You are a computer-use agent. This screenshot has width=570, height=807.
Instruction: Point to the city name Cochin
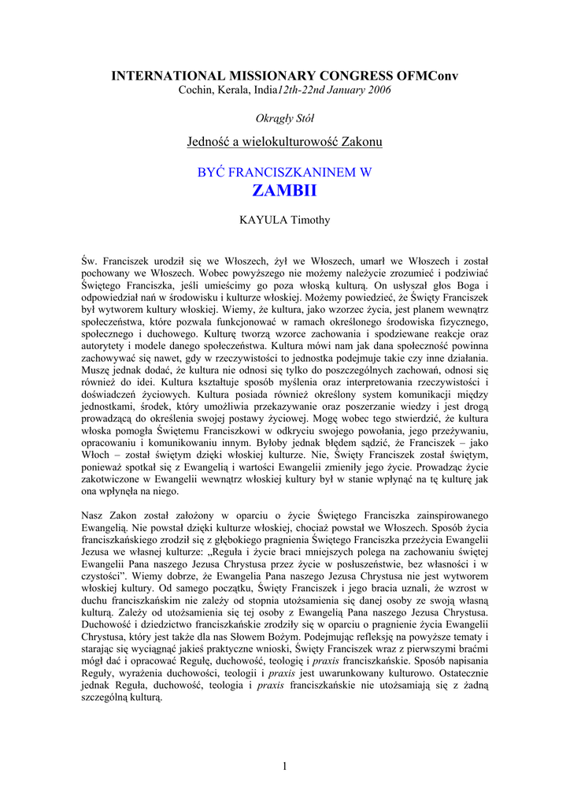[195, 90]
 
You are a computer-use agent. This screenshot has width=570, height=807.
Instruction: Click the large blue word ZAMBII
[284, 192]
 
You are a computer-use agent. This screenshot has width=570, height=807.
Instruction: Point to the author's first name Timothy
[312, 220]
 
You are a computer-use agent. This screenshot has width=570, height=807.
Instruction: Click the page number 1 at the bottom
[284, 767]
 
